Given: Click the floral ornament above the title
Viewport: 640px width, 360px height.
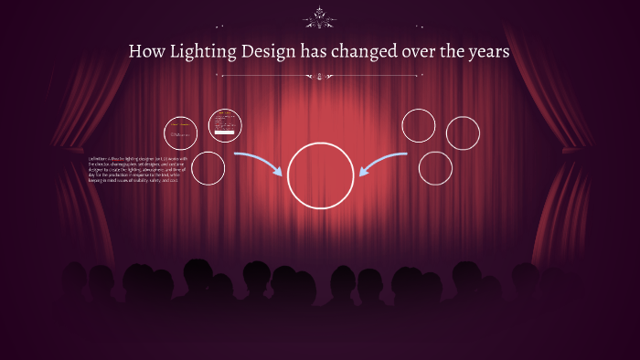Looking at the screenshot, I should (x=320, y=16).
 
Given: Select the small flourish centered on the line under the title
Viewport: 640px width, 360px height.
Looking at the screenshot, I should (x=320, y=77).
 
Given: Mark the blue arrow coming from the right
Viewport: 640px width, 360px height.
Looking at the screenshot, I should (x=383, y=163).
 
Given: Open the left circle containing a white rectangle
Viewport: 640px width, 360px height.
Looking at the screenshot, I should (x=224, y=125).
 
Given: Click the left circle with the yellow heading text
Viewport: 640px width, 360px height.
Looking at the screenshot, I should (x=181, y=132).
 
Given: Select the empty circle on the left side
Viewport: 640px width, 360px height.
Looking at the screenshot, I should (x=208, y=168).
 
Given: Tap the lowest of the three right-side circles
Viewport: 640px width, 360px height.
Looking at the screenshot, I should (x=435, y=168).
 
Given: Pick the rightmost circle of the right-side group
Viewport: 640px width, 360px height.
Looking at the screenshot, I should (x=463, y=132).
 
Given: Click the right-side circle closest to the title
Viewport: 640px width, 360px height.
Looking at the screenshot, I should (x=419, y=125).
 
